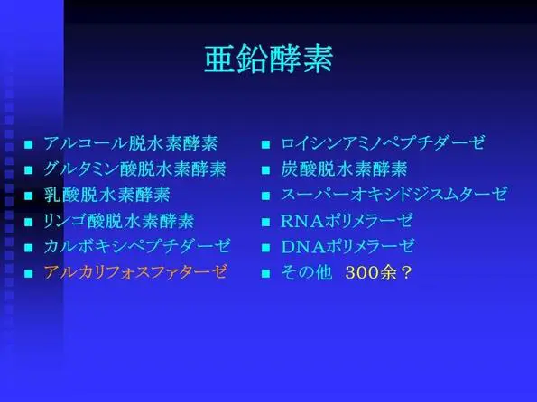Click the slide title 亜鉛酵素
pyautogui.click(x=269, y=59)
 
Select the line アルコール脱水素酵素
pyautogui.click(x=131, y=143)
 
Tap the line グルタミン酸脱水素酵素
pyautogui.click(x=135, y=169)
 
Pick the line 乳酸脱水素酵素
pyautogui.click(x=107, y=195)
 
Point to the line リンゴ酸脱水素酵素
pyautogui.click(x=119, y=221)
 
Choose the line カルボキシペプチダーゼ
pyautogui.click(x=137, y=246)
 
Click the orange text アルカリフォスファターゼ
pyautogui.click(x=135, y=272)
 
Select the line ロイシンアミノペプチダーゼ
pyautogui.click(x=383, y=143)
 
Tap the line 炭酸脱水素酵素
pyautogui.click(x=344, y=169)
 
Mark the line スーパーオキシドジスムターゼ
pyautogui.click(x=393, y=195)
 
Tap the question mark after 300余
pyautogui.click(x=406, y=273)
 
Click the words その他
pyautogui.click(x=307, y=273)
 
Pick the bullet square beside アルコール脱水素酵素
pyautogui.click(x=28, y=144)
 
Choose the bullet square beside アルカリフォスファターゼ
pyautogui.click(x=28, y=273)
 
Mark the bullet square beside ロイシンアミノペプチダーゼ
pyautogui.click(x=265, y=144)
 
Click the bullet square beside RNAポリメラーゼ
pyautogui.click(x=265, y=222)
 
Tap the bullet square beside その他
pyautogui.click(x=265, y=273)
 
